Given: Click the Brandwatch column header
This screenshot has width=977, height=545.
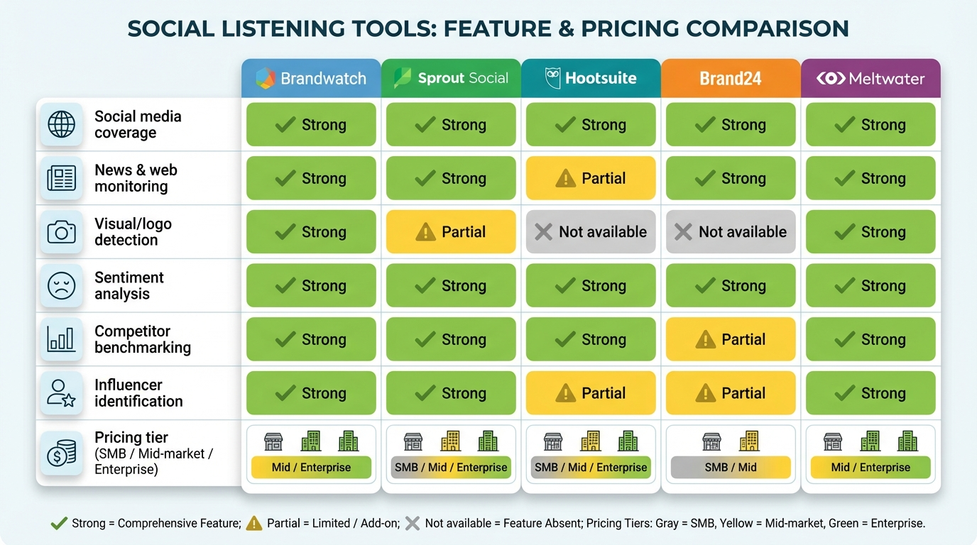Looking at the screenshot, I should coord(311,78).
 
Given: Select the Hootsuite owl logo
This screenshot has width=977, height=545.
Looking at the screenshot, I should coord(552,78).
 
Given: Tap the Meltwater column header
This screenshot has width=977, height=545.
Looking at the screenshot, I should coord(870,78).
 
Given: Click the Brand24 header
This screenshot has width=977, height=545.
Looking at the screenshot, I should coord(731,78).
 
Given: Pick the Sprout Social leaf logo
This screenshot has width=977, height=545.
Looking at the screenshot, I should coord(403,78).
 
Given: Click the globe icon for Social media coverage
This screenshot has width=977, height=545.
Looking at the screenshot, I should coord(61,124).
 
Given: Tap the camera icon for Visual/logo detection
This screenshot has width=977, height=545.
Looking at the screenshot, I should coord(61,231).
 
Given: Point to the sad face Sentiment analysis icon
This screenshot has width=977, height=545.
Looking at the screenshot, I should coord(61,285).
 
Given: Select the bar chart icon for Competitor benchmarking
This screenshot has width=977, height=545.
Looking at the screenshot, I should coord(61,339).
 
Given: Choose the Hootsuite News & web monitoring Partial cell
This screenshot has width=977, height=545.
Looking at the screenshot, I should coord(591,178).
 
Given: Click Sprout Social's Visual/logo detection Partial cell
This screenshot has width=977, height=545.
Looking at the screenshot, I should coord(451,232).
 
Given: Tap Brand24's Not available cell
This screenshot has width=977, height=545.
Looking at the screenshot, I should coord(731,232).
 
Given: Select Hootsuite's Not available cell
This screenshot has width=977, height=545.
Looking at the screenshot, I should coord(591,232).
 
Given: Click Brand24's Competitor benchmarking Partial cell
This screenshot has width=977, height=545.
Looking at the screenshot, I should coord(731,339).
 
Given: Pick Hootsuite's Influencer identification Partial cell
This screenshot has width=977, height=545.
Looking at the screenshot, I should coord(591,393).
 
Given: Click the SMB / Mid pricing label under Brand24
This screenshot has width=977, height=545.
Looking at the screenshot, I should coord(731,467).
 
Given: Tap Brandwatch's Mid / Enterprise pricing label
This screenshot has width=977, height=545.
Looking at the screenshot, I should coord(311,467).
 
